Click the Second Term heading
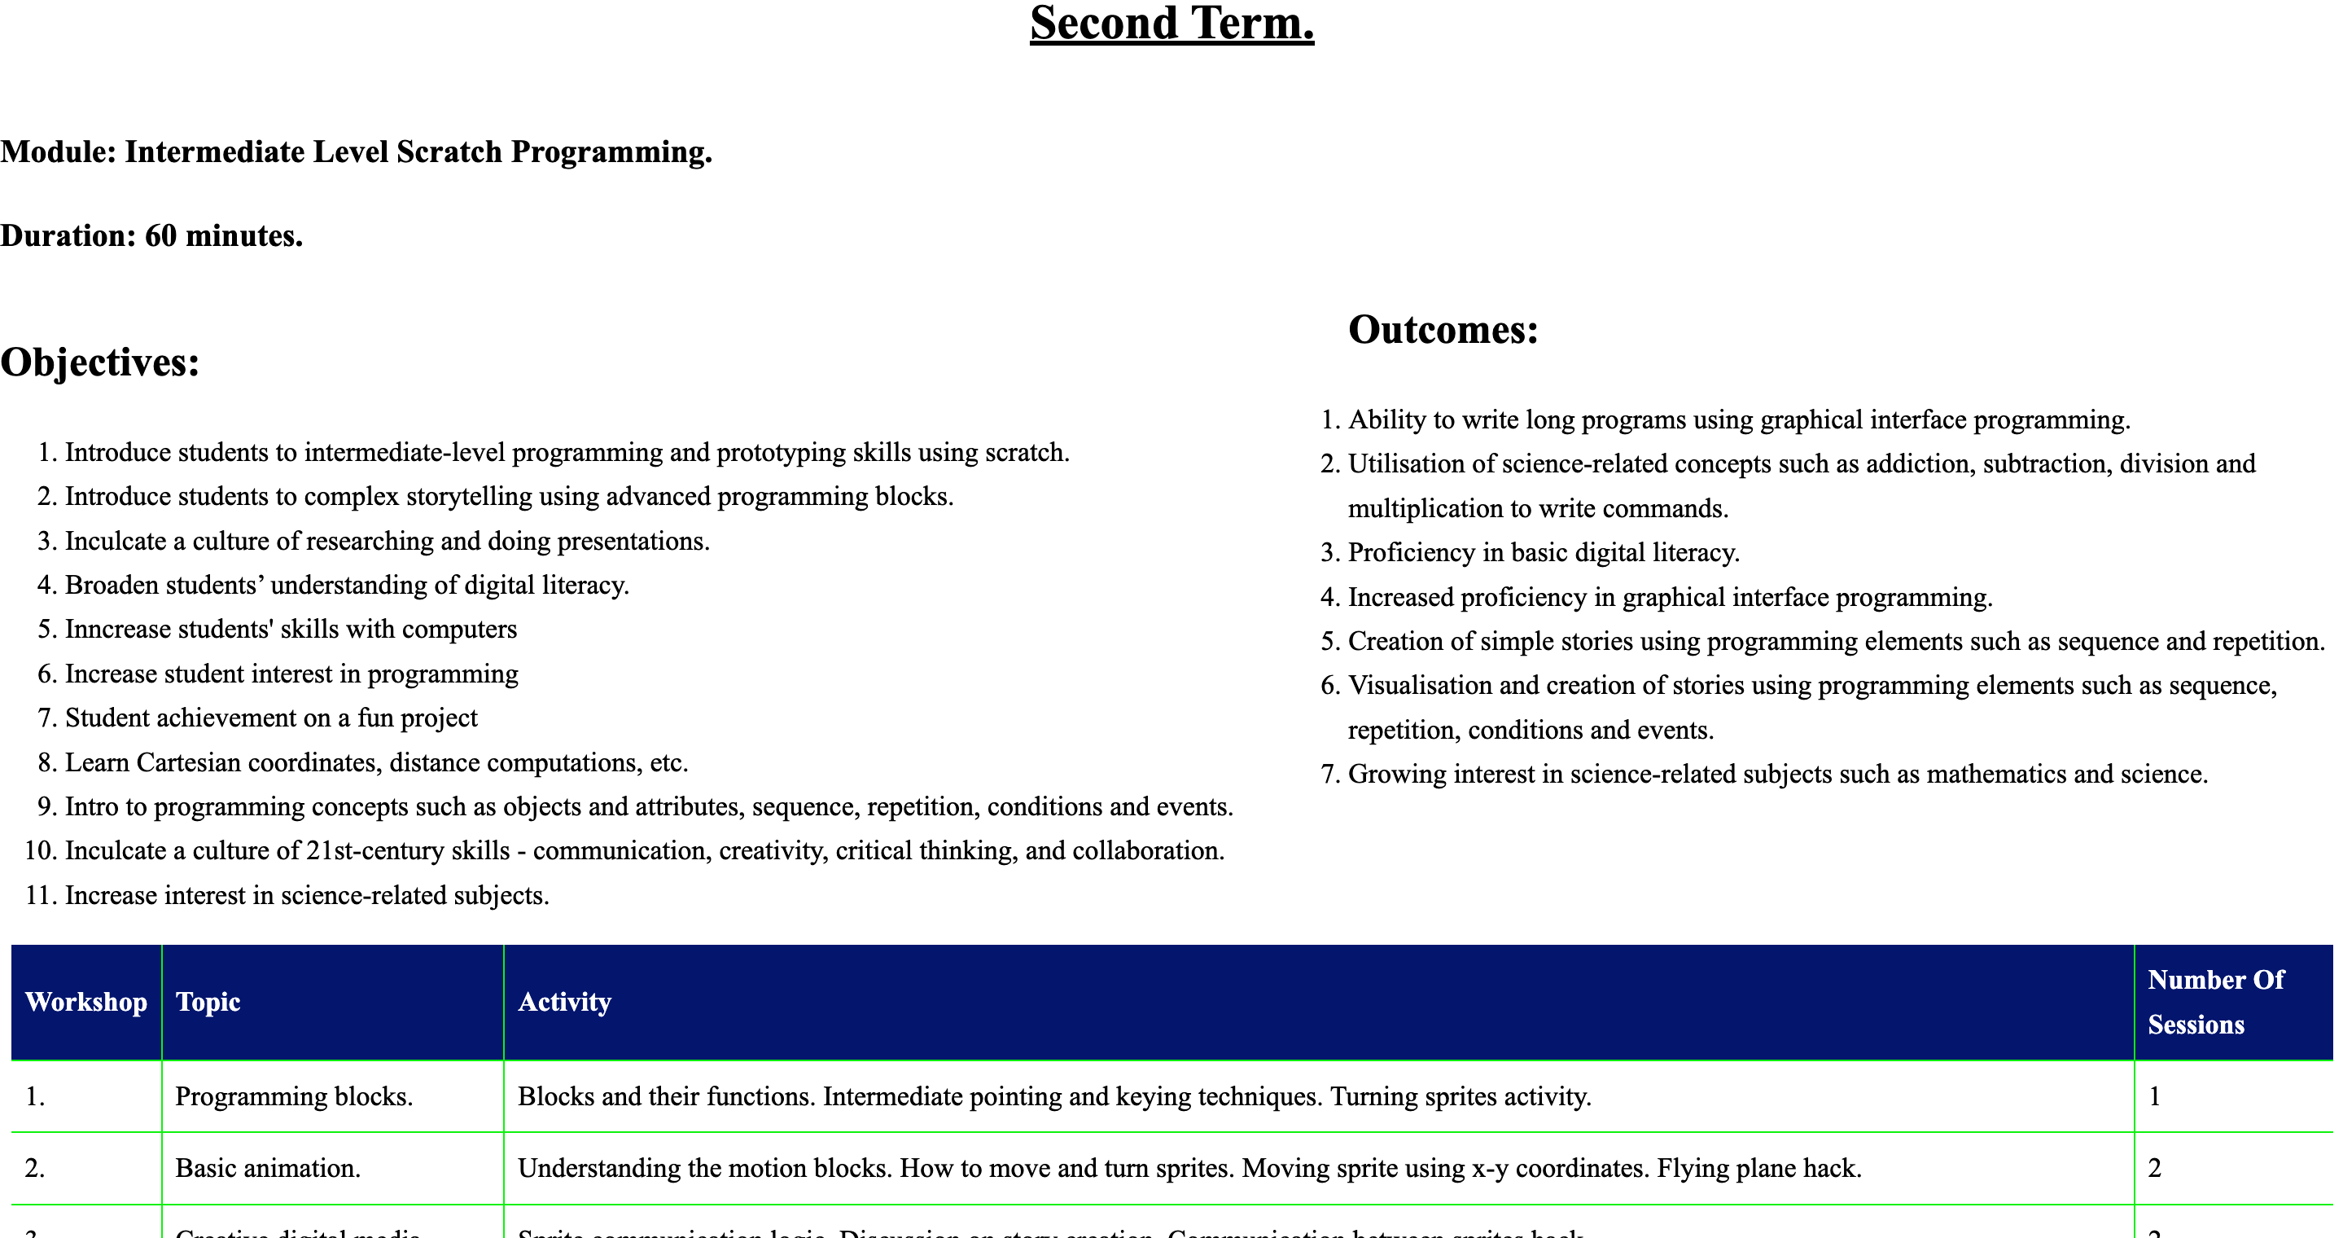(x=1171, y=24)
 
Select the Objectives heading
(x=100, y=362)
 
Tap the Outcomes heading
(x=1443, y=329)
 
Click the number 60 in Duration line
(x=161, y=235)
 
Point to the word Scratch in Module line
(x=449, y=152)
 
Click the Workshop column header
(x=86, y=1002)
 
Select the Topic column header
(x=208, y=1002)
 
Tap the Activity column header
(x=564, y=1002)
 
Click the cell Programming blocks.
(x=294, y=1096)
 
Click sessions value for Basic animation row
(x=2155, y=1168)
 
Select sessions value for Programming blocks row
(x=2155, y=1096)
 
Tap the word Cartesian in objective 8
(x=188, y=762)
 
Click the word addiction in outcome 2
(x=1918, y=464)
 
